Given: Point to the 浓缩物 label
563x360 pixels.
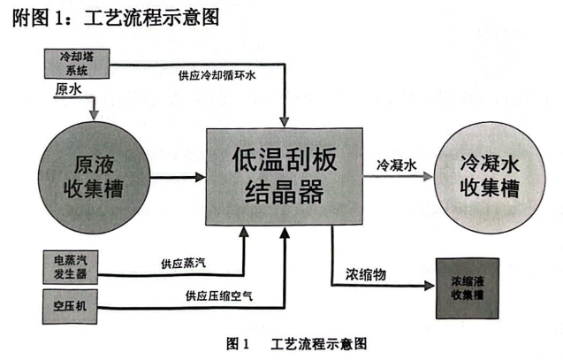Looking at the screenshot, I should point(361,274).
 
